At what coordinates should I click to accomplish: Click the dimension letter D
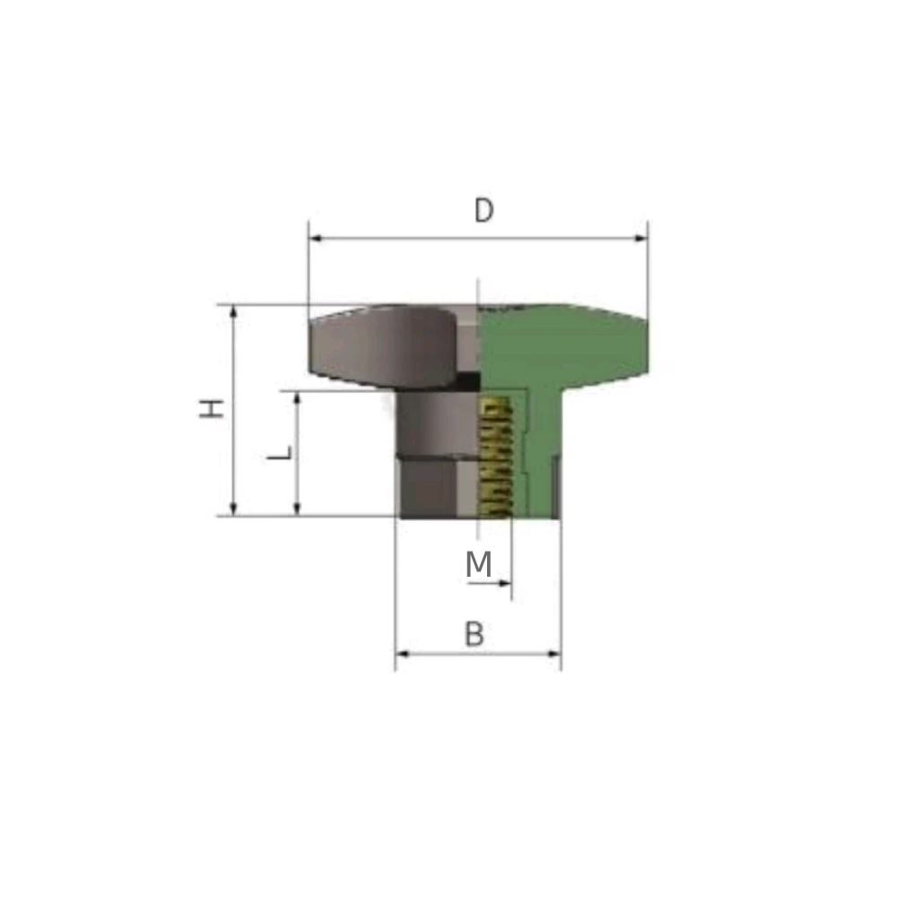click(x=483, y=210)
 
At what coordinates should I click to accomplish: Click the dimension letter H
click(x=211, y=408)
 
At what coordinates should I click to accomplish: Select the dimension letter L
click(x=280, y=453)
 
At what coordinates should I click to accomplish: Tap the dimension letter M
click(x=479, y=564)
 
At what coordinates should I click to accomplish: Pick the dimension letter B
click(x=475, y=634)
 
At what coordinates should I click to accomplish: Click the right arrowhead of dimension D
click(x=640, y=238)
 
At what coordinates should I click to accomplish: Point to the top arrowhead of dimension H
click(x=233, y=312)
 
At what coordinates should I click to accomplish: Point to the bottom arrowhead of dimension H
click(x=233, y=509)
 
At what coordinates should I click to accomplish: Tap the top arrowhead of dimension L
click(x=297, y=399)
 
